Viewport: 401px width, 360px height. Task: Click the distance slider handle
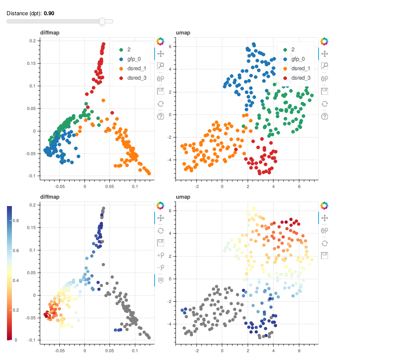point(102,21)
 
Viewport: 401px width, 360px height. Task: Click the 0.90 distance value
point(49,13)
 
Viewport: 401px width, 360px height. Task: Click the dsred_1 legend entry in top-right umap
point(301,68)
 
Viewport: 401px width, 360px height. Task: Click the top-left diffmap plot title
point(50,32)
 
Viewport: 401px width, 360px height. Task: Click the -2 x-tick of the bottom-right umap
point(196,351)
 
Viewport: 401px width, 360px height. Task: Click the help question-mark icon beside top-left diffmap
point(160,116)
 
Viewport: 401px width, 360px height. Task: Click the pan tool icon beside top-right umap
point(324,53)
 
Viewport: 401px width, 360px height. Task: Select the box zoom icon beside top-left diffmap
point(160,65)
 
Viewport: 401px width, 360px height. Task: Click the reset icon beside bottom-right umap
point(324,243)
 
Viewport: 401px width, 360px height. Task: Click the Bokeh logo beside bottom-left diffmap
point(160,205)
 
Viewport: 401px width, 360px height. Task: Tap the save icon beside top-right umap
point(324,90)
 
